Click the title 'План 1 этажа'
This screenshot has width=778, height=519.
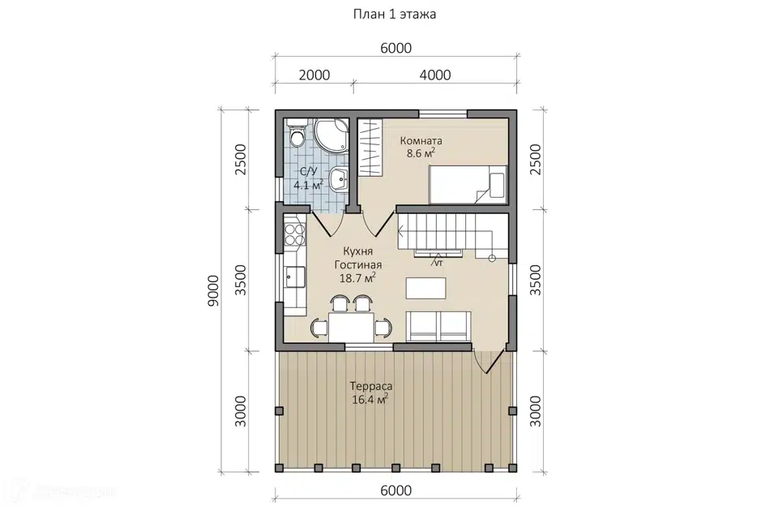click(x=395, y=14)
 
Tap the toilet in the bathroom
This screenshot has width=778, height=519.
click(x=297, y=133)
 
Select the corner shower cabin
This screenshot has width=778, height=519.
click(x=331, y=135)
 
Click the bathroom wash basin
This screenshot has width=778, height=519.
click(x=340, y=178)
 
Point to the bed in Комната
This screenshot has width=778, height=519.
click(x=468, y=184)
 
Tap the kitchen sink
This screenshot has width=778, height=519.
click(x=295, y=277)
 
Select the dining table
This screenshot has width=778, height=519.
click(x=351, y=327)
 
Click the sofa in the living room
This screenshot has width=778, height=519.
click(x=438, y=326)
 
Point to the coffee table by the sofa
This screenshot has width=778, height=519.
click(x=425, y=288)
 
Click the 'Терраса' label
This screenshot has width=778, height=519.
click(x=370, y=386)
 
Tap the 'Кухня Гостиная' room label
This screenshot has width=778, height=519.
click(x=357, y=258)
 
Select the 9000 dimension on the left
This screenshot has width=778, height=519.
click(x=213, y=290)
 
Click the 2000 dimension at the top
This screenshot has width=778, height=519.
click(x=314, y=75)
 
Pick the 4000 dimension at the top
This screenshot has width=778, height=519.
click(x=435, y=75)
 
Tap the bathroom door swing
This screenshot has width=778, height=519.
click(x=327, y=224)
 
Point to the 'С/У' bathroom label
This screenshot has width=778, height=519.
click(x=308, y=172)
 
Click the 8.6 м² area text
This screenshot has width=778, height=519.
click(x=421, y=153)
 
